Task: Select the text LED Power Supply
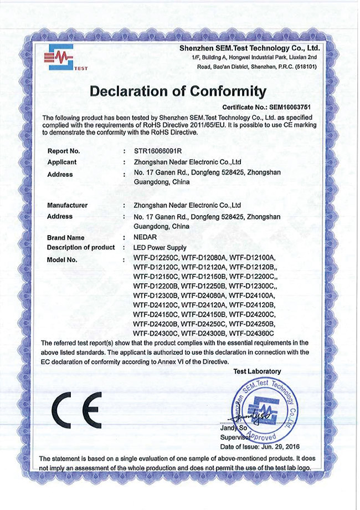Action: (x=162, y=247)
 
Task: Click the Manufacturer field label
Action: (x=68, y=205)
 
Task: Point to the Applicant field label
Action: (x=62, y=162)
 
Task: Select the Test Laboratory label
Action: (x=257, y=371)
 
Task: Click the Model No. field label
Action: (x=62, y=259)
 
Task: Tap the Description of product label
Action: (x=81, y=247)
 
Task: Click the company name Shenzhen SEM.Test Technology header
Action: (x=250, y=49)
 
